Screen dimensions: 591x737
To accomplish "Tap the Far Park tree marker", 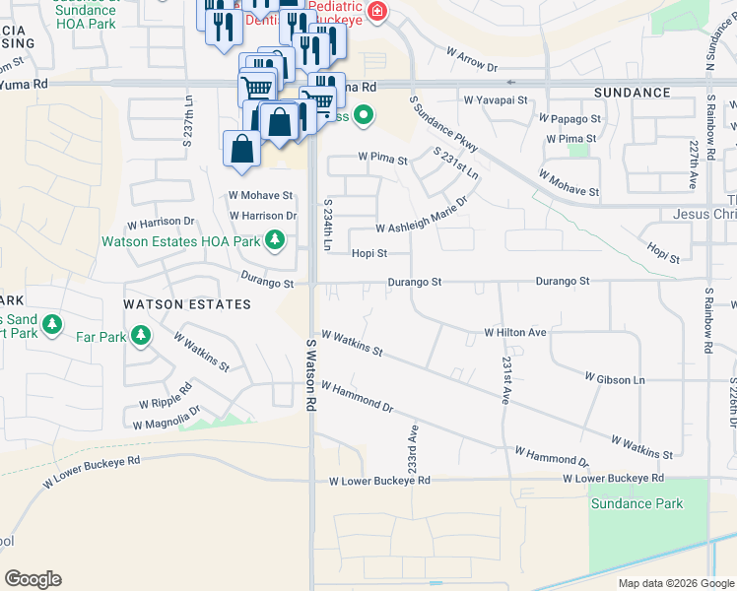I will pyautogui.click(x=141, y=336).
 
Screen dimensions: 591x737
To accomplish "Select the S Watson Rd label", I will pyautogui.click(x=311, y=375).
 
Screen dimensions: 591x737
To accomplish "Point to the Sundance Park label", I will pyautogui.click(x=636, y=503).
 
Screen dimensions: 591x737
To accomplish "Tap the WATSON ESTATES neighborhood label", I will pyautogui.click(x=187, y=304).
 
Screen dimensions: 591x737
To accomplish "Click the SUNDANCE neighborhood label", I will pyautogui.click(x=632, y=92).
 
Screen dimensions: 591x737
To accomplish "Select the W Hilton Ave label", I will pyautogui.click(x=514, y=333).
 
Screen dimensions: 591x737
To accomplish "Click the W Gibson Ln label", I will pyautogui.click(x=614, y=378).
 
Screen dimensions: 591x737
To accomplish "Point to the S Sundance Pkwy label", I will pyautogui.click(x=443, y=123).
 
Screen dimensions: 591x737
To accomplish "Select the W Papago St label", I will pyautogui.click(x=569, y=118).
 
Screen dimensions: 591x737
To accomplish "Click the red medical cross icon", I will pyautogui.click(x=375, y=12).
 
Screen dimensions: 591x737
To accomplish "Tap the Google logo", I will pyautogui.click(x=33, y=578).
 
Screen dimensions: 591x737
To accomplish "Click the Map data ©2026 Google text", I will pyautogui.click(x=675, y=583).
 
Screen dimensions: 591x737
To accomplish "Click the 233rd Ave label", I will pyautogui.click(x=414, y=447).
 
